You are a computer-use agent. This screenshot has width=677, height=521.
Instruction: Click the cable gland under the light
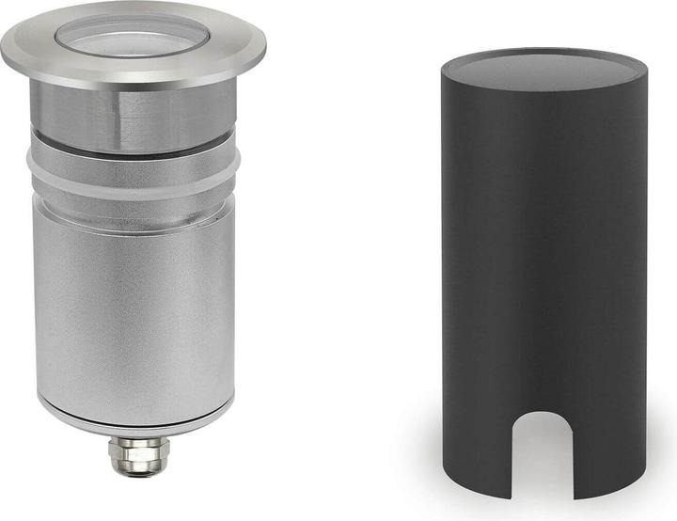133,453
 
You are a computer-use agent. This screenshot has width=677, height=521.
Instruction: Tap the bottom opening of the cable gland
133,470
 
